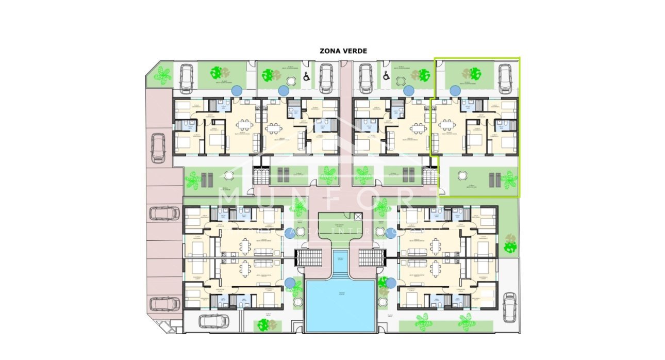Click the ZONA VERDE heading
343,51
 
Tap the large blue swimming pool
340,306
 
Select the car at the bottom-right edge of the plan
509,307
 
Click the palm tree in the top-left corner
163,75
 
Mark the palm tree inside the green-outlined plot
509,179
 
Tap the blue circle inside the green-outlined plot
455,91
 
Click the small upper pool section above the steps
340,257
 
